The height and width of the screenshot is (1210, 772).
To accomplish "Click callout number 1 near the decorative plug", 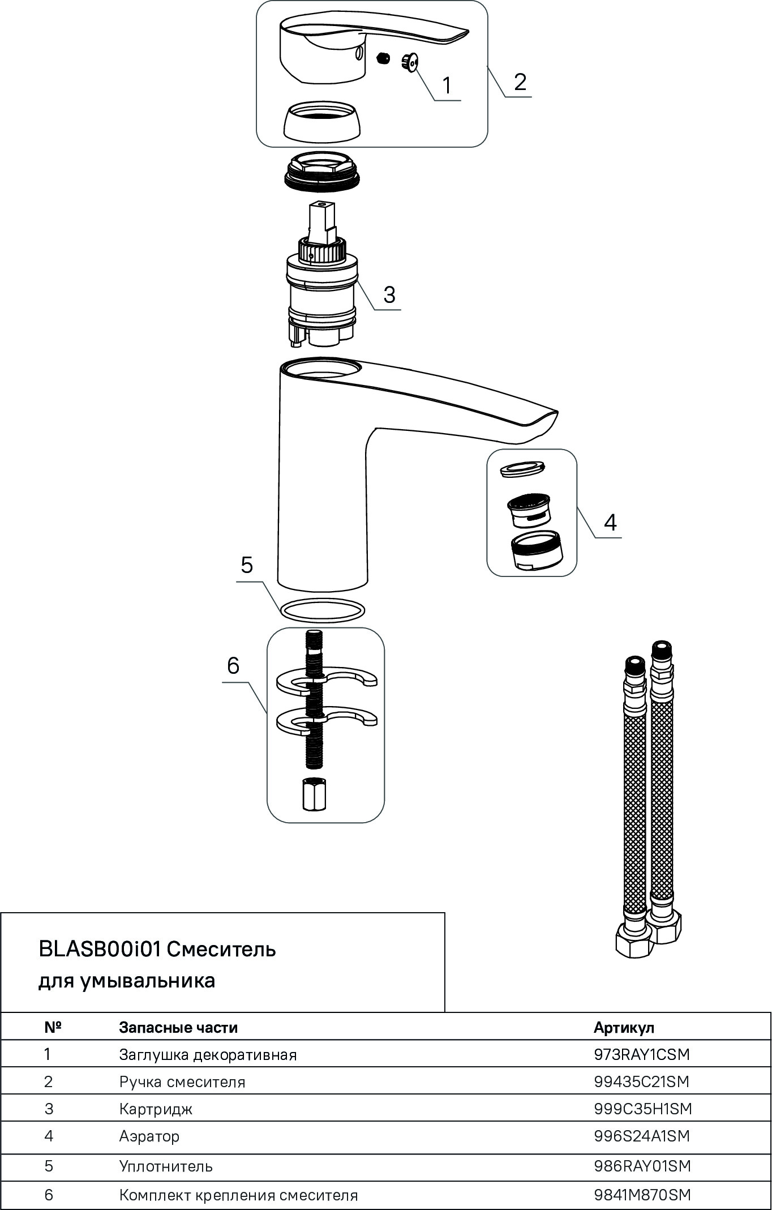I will [447, 86].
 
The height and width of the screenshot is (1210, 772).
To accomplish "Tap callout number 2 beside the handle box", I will [520, 82].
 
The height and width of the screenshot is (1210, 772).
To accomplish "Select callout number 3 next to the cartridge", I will [389, 295].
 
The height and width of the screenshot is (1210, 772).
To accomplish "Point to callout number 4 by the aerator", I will [610, 522].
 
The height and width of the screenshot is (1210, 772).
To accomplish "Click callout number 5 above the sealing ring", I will [247, 565].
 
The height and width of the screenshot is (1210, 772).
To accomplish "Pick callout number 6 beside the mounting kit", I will [233, 666].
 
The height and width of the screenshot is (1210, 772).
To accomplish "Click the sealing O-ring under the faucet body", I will [322, 610].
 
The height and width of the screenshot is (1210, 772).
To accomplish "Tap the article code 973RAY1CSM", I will [642, 1054].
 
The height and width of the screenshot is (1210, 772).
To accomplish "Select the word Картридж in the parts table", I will [156, 1109].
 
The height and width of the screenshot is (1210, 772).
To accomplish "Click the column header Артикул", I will [624, 1027].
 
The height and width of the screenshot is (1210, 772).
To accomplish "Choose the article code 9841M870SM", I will [642, 1195].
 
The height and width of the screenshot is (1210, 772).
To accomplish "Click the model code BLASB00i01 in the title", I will [100, 949].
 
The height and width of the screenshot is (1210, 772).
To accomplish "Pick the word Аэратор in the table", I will [149, 1136].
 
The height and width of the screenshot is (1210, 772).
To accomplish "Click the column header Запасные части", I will [178, 1027].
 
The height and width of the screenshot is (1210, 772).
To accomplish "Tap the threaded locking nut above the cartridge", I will [321, 170].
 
